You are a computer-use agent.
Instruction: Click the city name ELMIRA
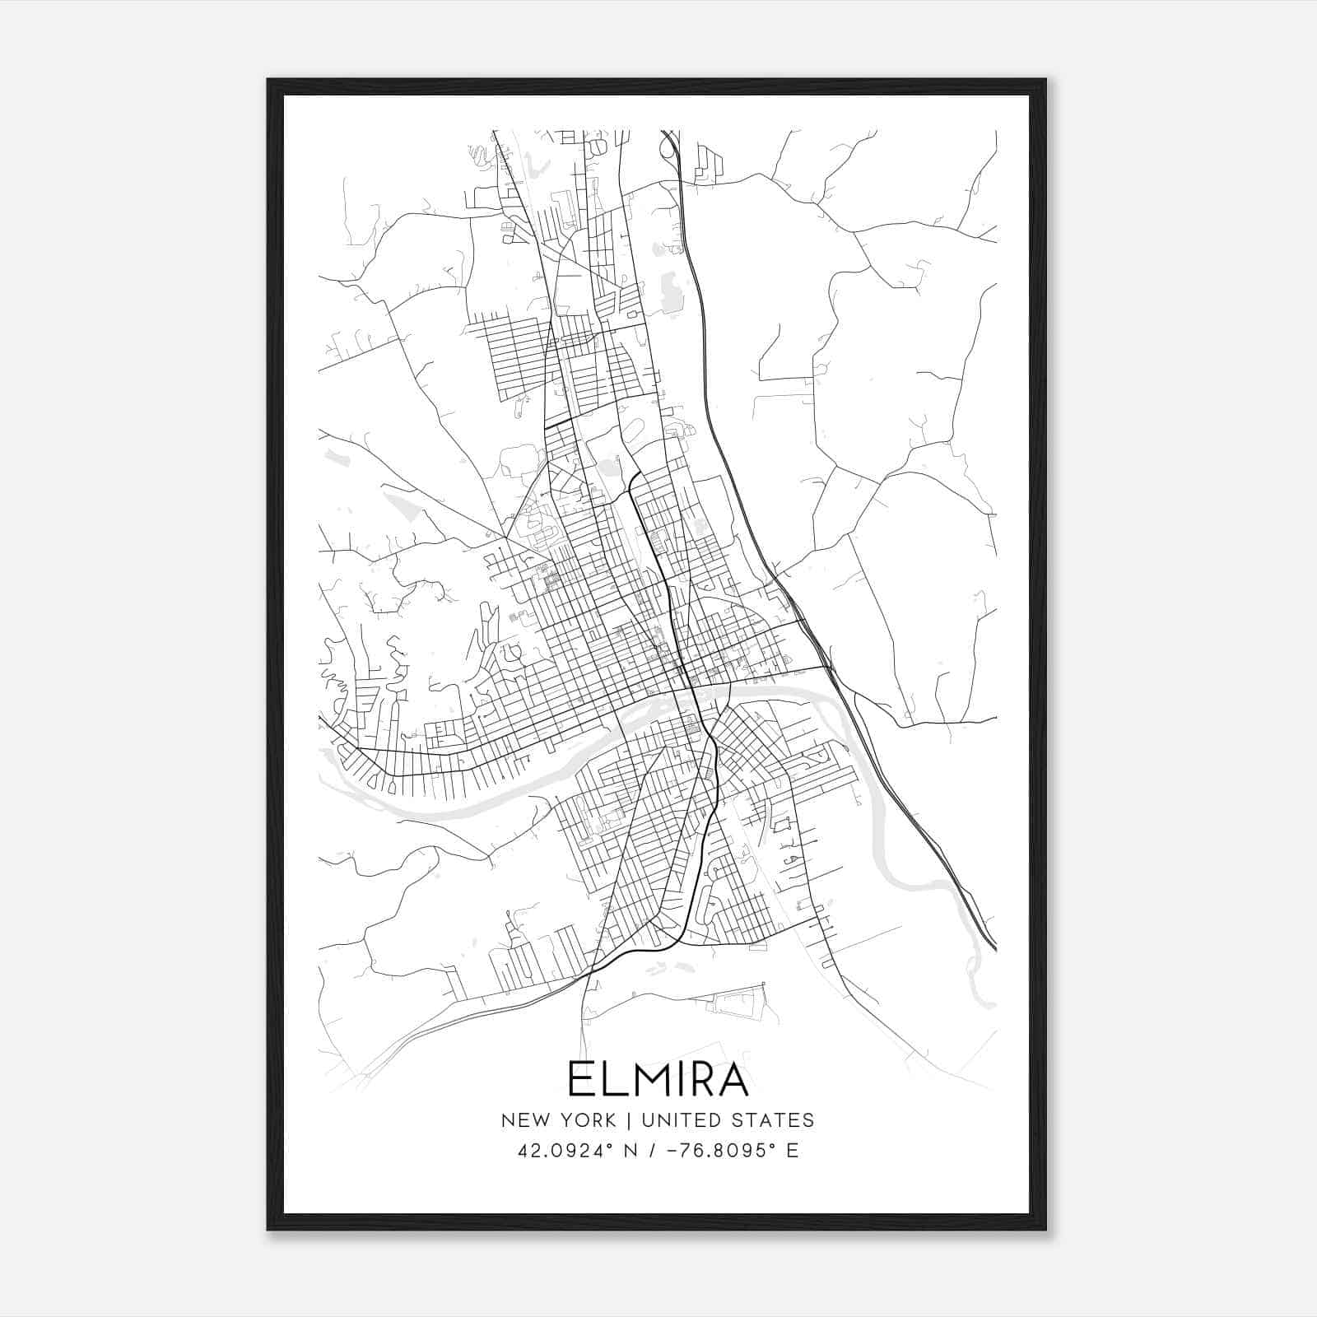click(x=658, y=1080)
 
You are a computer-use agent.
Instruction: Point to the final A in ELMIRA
click(x=732, y=1080)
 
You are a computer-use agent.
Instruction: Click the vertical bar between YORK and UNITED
click(x=628, y=1120)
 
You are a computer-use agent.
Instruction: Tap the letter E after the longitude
click(x=793, y=1151)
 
